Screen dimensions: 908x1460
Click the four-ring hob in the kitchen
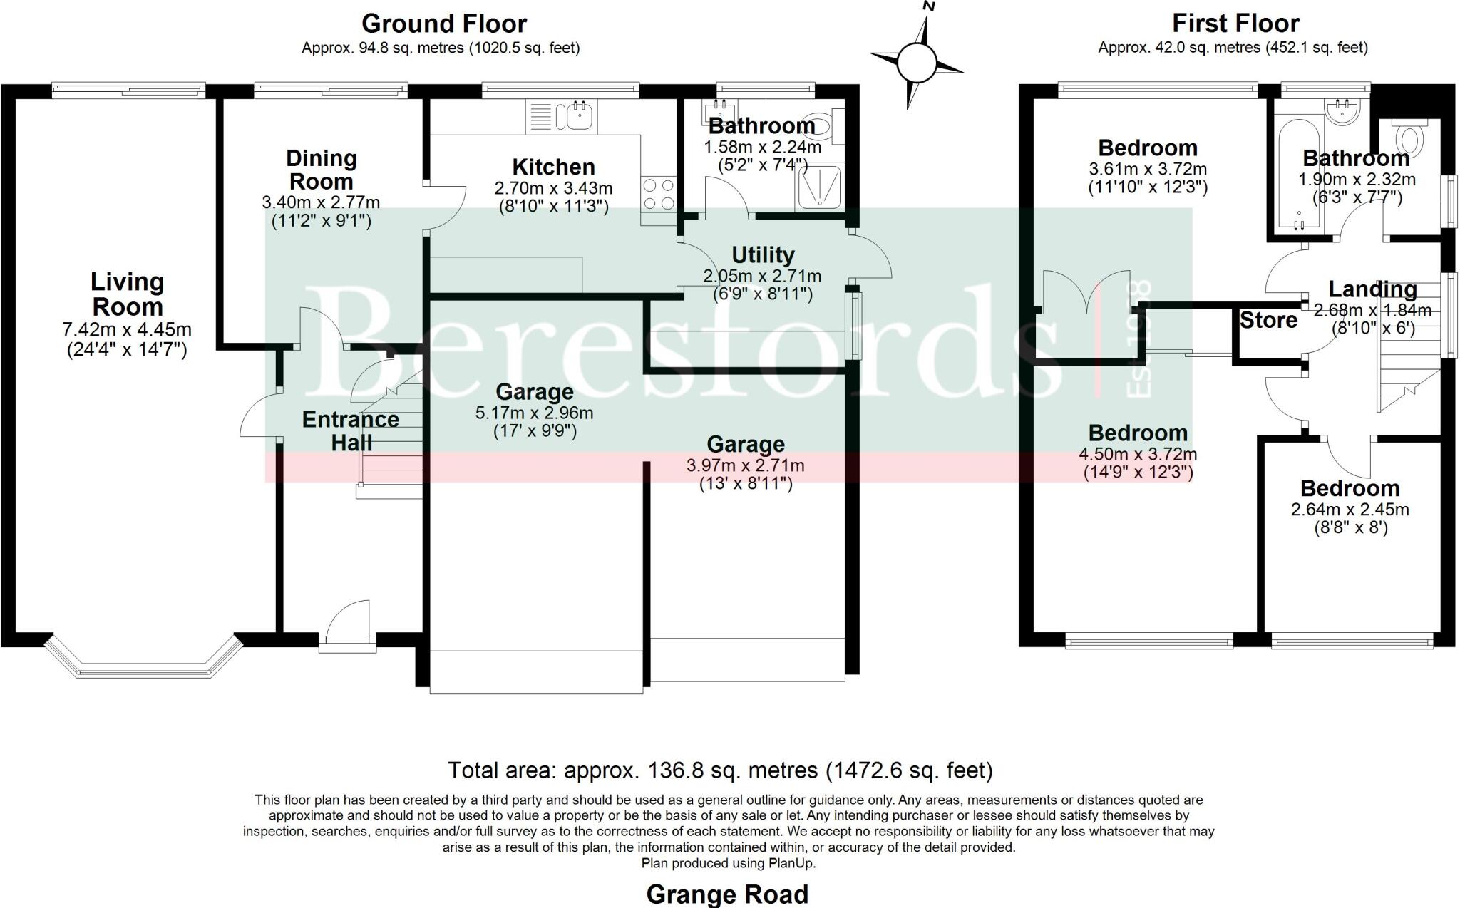[x=658, y=194]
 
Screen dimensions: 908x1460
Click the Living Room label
[x=127, y=294]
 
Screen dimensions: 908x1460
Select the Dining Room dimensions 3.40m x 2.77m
[x=321, y=202]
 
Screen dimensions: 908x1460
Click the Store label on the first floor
[x=1268, y=321]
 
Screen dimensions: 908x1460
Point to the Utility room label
[x=763, y=254]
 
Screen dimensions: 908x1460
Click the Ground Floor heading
[x=443, y=24]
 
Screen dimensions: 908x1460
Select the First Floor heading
[x=1235, y=24]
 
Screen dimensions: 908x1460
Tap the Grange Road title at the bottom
[x=727, y=894]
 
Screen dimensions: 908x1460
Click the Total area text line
[x=720, y=770]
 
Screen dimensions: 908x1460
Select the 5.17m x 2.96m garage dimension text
[x=534, y=413]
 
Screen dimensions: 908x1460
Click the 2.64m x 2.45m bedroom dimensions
[x=1350, y=510]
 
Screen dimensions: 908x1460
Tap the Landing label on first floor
[x=1372, y=289]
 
